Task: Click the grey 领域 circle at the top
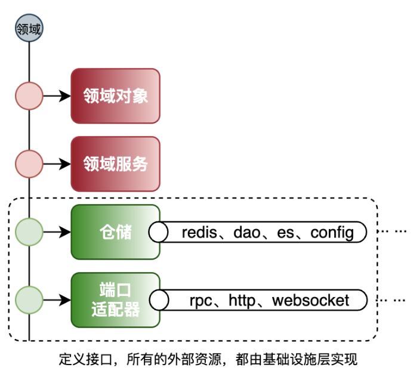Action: click(29, 29)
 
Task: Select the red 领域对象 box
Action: click(116, 96)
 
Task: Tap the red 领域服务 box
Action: click(116, 164)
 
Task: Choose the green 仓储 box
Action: click(116, 232)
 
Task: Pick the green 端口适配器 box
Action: click(116, 300)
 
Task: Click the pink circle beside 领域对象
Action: click(29, 96)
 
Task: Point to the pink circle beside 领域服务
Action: click(29, 164)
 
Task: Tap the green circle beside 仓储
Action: click(29, 232)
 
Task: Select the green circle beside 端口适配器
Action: click(29, 300)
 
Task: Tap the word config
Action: click(332, 233)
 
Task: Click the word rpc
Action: click(201, 301)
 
